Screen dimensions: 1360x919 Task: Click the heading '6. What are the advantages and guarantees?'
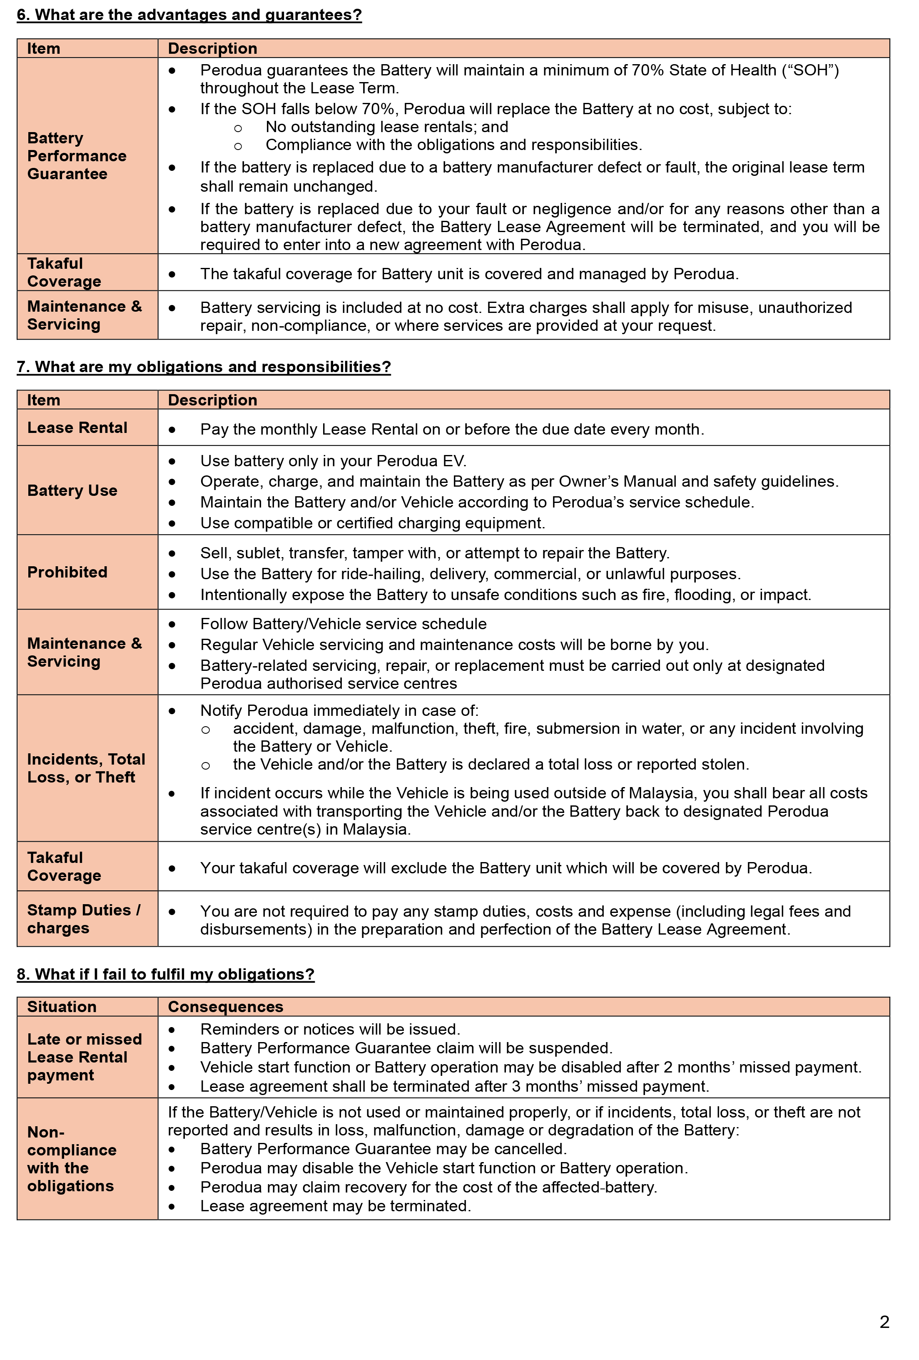189,15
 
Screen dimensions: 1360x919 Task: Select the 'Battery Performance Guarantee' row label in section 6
77,156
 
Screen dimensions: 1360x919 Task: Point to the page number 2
884,1321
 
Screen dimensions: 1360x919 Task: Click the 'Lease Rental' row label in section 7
77,428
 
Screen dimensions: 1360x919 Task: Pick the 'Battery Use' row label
72,490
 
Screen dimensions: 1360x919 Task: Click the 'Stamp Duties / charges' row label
84,919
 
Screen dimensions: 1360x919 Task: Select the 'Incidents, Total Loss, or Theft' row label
86,768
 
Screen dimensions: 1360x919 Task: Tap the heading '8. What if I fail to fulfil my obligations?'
166,974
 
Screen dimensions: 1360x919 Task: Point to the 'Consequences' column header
225,1007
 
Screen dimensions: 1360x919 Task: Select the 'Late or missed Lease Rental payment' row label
84,1057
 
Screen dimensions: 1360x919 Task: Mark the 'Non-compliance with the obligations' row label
71,1159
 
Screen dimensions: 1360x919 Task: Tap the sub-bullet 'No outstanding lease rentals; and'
387,127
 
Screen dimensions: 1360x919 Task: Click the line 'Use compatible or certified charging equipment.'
373,523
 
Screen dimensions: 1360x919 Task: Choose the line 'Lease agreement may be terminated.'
335,1206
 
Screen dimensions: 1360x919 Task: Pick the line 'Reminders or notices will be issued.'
330,1029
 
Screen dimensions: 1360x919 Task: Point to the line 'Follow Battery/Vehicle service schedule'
344,624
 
